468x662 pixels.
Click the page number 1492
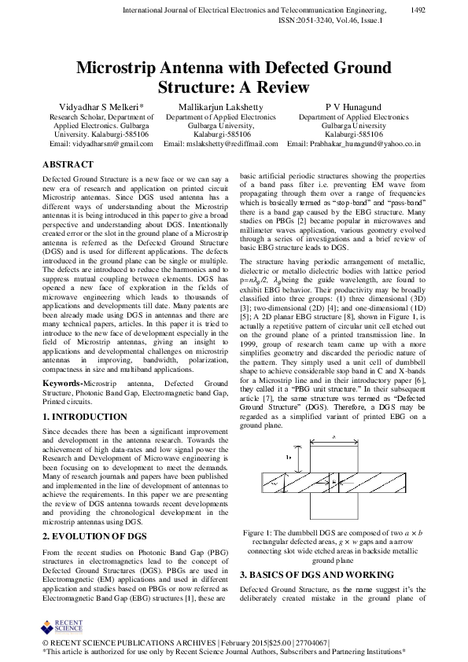coord(419,9)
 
